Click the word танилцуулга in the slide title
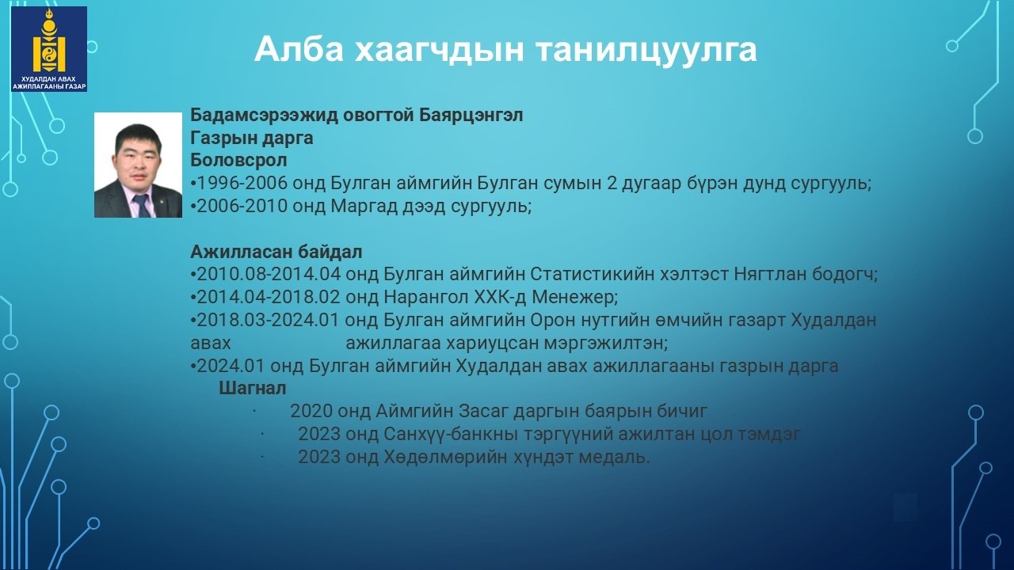point(646,49)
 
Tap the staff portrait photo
point(138,165)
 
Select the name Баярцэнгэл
point(471,115)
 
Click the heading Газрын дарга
point(252,138)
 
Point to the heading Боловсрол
point(238,160)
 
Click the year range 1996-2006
point(242,183)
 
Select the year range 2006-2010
point(242,206)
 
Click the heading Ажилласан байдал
point(276,252)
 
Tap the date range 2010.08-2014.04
point(269,274)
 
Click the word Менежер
point(575,297)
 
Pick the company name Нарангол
point(426,297)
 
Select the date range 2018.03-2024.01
point(268,320)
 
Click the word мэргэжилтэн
point(606,344)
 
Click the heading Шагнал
point(253,388)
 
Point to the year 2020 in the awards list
point(311,411)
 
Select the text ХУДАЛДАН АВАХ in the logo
point(49,79)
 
